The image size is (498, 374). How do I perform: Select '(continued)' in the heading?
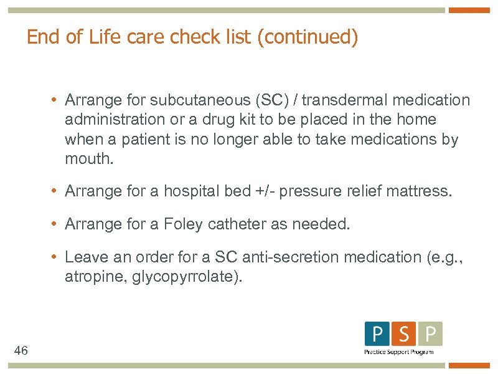[x=309, y=37]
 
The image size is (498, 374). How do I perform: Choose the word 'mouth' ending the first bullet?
[x=87, y=159]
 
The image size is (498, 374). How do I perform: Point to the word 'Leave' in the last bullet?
[x=83, y=257]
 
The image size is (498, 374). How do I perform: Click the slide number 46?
[x=21, y=351]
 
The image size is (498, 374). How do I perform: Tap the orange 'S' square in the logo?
[x=404, y=334]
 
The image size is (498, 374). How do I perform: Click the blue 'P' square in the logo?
[x=377, y=334]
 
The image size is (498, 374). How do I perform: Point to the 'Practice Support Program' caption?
[x=399, y=352]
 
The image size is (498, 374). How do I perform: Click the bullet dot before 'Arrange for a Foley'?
[x=55, y=224]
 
